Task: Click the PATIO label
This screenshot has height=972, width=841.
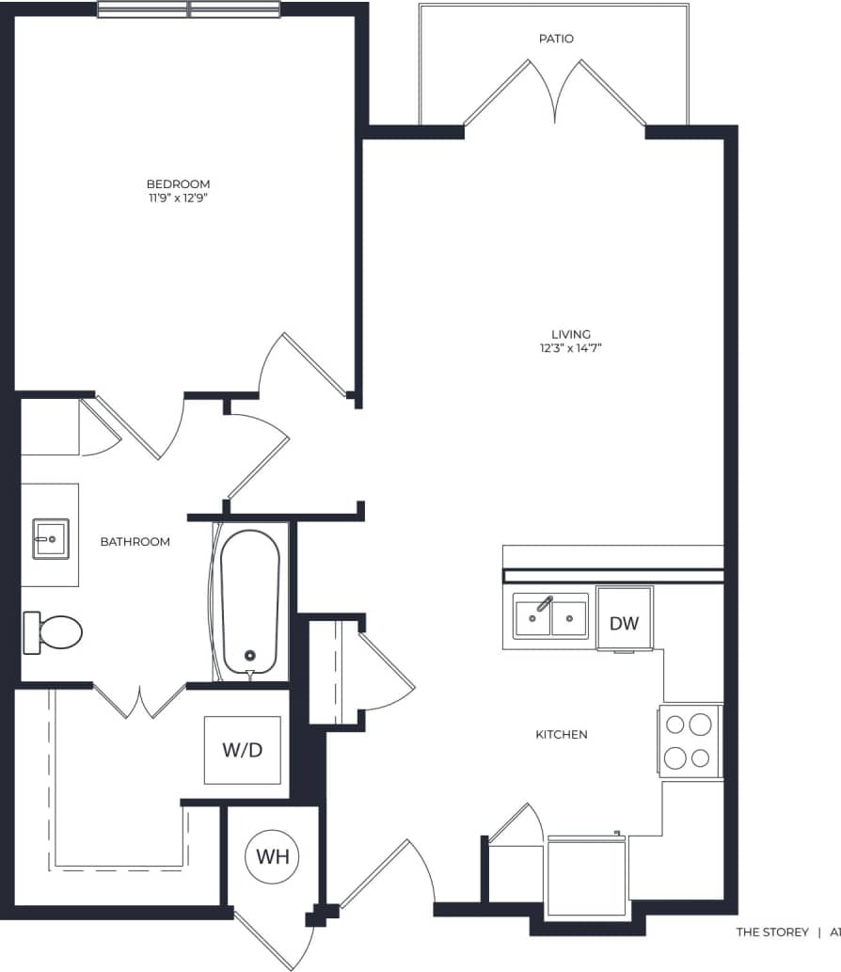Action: click(556, 39)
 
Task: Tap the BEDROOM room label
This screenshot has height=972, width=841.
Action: click(178, 183)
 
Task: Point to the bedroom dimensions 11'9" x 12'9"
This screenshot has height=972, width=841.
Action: click(178, 199)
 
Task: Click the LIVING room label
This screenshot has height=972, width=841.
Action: click(571, 334)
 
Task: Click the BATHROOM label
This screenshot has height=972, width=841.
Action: click(135, 542)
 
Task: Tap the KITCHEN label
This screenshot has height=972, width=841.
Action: click(562, 734)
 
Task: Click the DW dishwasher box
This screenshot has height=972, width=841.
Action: click(624, 622)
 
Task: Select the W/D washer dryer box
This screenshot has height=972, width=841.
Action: click(242, 750)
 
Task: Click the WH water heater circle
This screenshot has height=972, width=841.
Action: click(272, 857)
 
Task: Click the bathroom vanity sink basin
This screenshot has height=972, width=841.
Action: click(50, 539)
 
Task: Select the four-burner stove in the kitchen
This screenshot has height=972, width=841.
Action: click(689, 741)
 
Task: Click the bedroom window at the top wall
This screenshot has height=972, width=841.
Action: click(189, 9)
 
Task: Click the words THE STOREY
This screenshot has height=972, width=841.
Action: click(771, 932)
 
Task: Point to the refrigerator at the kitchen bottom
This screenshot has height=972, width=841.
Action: click(587, 874)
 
